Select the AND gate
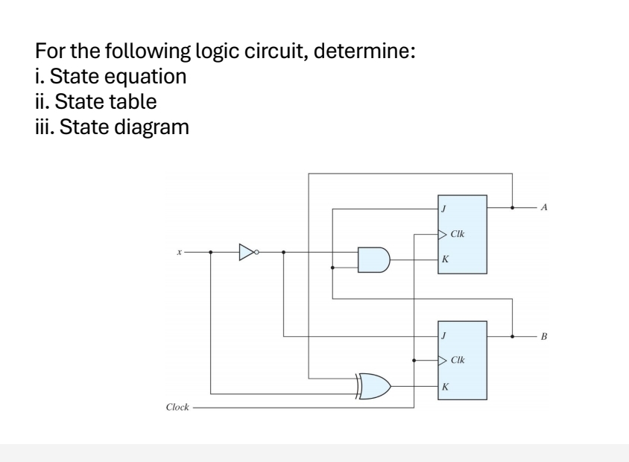[x=373, y=259]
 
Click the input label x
[x=179, y=252]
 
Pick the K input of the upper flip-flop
[x=444, y=259]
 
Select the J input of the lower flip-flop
[x=444, y=335]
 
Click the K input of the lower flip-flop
[x=444, y=386]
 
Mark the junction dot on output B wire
[x=513, y=335]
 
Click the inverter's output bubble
[x=258, y=252]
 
